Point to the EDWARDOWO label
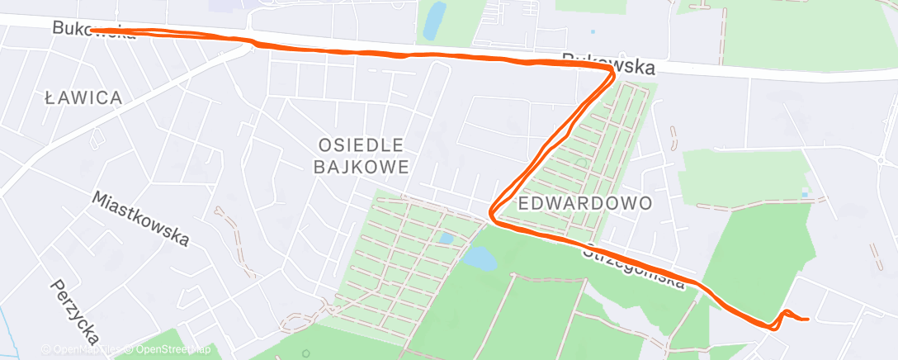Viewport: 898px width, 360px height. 585,202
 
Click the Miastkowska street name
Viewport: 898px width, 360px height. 140,219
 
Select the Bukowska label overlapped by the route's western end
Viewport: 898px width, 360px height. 92,30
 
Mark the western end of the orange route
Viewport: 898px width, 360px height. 92,31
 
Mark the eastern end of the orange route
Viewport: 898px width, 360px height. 806,319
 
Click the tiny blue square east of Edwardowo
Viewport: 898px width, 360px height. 804,195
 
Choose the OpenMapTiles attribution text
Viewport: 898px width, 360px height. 82,350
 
